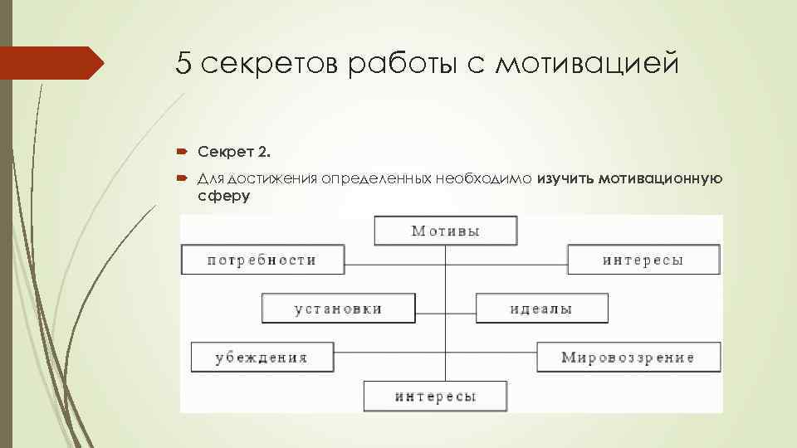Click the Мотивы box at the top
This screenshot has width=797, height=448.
446,231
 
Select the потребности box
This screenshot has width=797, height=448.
262,260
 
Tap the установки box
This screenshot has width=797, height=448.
338,309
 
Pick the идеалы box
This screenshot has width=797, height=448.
541,309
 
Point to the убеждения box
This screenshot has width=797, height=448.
262,358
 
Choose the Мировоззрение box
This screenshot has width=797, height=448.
628,358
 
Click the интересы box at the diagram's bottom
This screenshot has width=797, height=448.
435,396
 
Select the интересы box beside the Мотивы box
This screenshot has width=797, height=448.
643,260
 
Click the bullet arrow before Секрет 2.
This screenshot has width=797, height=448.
182,152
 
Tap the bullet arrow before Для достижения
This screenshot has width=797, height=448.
182,178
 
